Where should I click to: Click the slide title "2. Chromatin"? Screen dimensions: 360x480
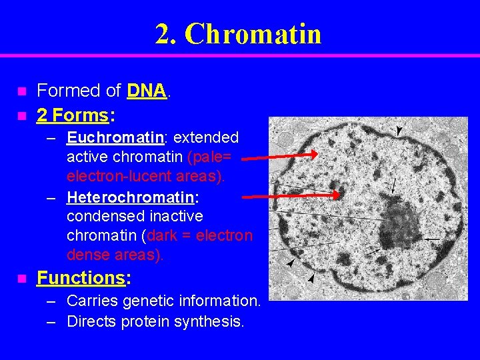pyautogui.click(x=238, y=34)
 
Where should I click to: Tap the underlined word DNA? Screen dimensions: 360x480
pyautogui.click(x=146, y=91)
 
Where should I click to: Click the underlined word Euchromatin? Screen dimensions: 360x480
pyautogui.click(x=115, y=138)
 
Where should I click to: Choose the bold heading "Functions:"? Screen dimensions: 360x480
pyautogui.click(x=83, y=277)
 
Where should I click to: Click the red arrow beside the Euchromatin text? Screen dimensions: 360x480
pyautogui.click(x=279, y=156)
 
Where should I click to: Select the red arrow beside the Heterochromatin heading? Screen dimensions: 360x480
pyautogui.click(x=291, y=196)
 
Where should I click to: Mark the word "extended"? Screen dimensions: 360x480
pyautogui.click(x=206, y=138)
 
